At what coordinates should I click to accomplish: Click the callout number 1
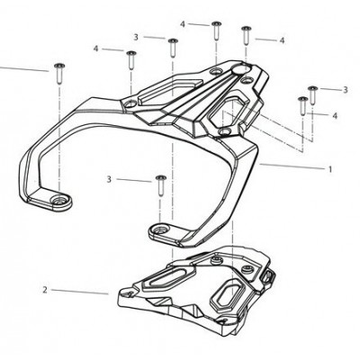[330, 169]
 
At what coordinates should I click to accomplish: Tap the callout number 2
[45, 290]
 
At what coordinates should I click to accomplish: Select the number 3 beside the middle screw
[109, 179]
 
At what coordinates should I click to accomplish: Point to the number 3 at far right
[346, 89]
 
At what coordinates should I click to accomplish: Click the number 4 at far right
[335, 115]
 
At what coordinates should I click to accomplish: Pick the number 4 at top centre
[183, 24]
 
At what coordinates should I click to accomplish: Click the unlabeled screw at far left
[59, 74]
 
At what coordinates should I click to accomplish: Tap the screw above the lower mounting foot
[161, 185]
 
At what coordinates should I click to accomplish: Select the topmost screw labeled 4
[217, 31]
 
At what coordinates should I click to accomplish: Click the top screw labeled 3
[173, 48]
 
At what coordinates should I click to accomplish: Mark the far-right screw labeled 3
[313, 95]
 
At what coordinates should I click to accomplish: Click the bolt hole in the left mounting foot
[59, 200]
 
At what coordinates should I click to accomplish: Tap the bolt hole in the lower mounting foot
[159, 229]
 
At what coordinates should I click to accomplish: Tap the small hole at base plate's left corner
[129, 293]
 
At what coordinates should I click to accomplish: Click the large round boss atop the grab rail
[241, 68]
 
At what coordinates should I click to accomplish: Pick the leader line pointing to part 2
[80, 292]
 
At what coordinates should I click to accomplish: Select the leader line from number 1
[292, 166]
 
